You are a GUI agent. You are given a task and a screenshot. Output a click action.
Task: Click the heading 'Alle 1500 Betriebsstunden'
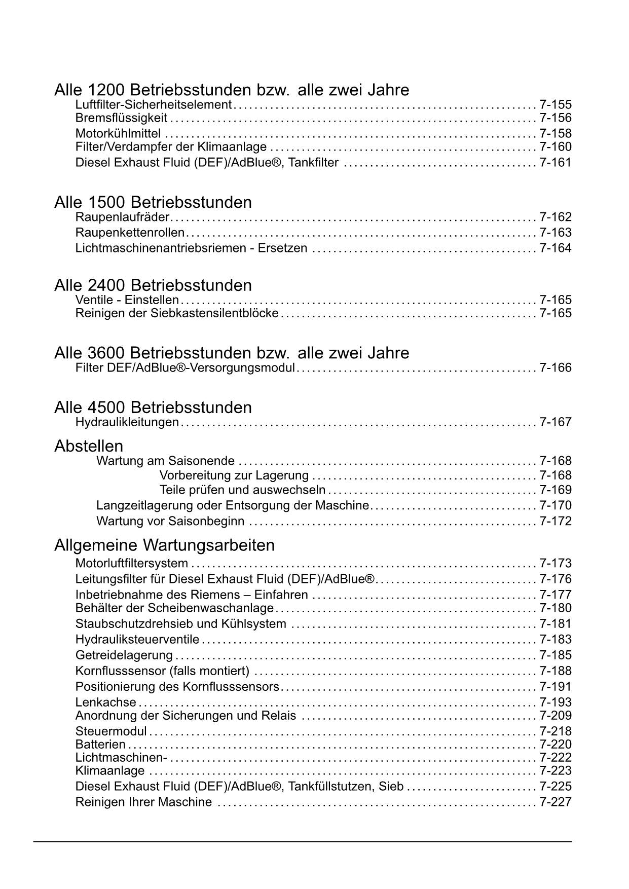pos(153,202)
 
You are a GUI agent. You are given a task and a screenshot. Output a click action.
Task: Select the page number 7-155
pos(556,105)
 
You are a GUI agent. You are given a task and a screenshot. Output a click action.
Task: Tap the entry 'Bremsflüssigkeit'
pos(121,118)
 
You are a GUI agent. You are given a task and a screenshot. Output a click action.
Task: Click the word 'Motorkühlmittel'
pos(118,134)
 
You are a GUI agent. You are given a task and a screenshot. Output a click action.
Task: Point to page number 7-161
pos(556,163)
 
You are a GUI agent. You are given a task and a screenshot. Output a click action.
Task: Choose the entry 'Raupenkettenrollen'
pos(130,233)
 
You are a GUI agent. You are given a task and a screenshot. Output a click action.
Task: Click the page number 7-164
pos(556,248)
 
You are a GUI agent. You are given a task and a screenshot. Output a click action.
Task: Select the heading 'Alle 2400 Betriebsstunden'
pos(153,285)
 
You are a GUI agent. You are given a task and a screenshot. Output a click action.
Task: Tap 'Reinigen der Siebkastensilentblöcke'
pos(177,313)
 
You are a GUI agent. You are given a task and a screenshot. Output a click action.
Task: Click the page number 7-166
pos(556,368)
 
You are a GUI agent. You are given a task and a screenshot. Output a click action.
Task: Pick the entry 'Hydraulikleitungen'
pos(127,422)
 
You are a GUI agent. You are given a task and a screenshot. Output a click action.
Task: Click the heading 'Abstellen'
pos(89,446)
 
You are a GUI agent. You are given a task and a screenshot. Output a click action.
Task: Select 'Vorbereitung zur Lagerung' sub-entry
pos(234,475)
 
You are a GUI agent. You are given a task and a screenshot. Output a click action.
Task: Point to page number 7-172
pos(556,522)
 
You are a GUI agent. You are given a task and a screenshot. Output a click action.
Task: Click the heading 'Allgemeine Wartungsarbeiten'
pos(164,545)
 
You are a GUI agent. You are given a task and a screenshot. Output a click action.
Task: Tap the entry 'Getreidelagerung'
pos(124,655)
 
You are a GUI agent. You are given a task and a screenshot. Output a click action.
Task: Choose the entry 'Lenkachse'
pos(105,702)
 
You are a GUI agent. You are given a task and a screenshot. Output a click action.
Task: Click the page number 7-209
pos(556,716)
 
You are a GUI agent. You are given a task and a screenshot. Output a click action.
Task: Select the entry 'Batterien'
pos(100,745)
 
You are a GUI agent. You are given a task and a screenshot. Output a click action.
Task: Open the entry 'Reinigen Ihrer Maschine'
pos(143,802)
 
